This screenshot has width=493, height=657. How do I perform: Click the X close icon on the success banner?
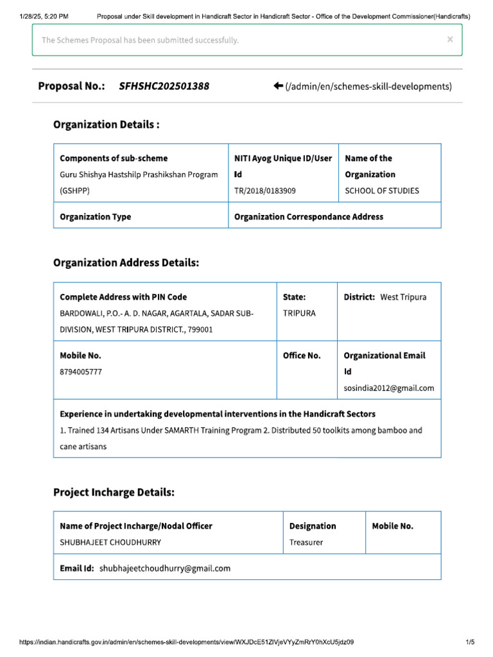(x=450, y=39)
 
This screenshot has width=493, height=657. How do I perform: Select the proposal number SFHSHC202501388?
(x=164, y=86)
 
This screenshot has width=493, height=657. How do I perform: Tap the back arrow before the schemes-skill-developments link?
(x=278, y=86)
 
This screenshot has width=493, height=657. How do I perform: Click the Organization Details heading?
(x=106, y=124)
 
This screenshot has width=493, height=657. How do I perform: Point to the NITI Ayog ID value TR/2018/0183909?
(x=265, y=191)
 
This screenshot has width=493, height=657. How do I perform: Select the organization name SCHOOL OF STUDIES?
(x=382, y=191)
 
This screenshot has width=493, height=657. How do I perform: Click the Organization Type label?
(x=95, y=217)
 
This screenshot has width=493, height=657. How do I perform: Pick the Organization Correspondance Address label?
(x=309, y=217)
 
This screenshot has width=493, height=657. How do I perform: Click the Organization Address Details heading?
(x=126, y=262)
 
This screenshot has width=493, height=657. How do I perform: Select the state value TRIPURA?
(x=299, y=314)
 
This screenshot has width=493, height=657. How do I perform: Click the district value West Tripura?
(x=403, y=297)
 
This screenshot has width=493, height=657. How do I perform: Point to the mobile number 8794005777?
(x=80, y=371)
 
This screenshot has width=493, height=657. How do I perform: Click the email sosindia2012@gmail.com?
(x=389, y=388)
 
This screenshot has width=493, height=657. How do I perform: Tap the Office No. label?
(x=302, y=355)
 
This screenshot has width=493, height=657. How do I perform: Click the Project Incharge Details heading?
(x=114, y=492)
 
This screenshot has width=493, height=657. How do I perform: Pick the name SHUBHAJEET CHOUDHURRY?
(x=110, y=542)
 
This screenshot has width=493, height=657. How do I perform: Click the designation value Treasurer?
(x=306, y=542)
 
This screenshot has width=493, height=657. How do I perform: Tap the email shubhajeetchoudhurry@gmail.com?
(x=164, y=568)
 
